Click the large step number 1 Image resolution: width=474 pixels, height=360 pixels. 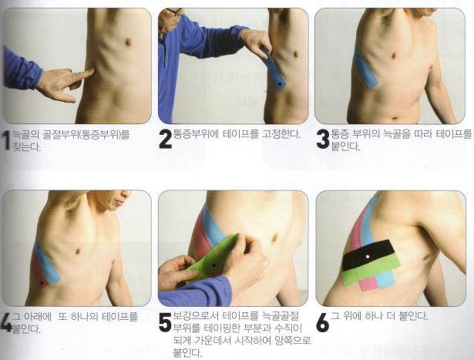coord(5,140)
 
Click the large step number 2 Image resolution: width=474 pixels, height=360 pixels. coord(166,140)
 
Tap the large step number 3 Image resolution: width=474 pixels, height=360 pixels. coord(322,140)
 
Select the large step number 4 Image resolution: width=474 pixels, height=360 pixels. coord(6,322)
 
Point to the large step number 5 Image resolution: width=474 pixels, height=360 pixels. coord(166,322)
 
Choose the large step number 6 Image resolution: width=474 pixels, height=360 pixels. coord(322,322)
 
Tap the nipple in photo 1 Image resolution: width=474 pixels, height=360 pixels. coord(128,42)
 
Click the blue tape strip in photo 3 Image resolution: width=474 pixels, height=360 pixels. coord(365,69)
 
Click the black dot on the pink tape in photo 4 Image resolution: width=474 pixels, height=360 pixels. coord(42,283)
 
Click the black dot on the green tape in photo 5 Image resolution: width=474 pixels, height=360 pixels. coord(213,265)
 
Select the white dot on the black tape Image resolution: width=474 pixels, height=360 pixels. coord(368,257)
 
